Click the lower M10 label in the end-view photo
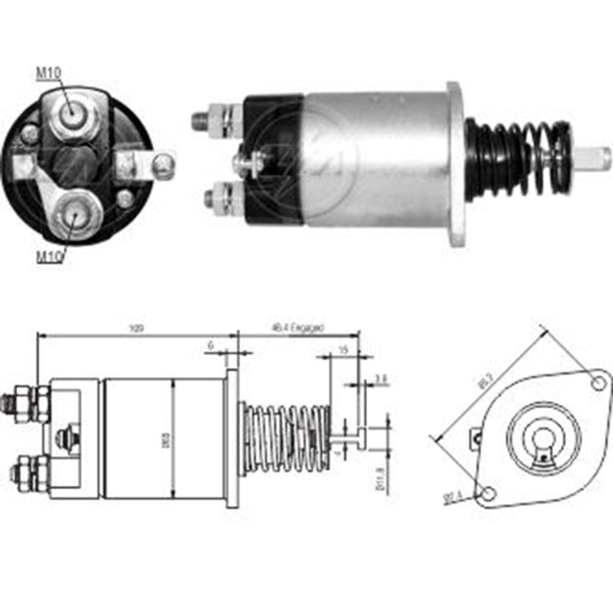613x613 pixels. click(x=48, y=257)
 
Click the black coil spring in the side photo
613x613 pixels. click(x=521, y=159)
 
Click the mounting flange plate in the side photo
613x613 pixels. click(x=456, y=164)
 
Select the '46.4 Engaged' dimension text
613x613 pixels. click(x=297, y=329)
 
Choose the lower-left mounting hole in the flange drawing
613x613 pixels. click(x=489, y=493)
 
